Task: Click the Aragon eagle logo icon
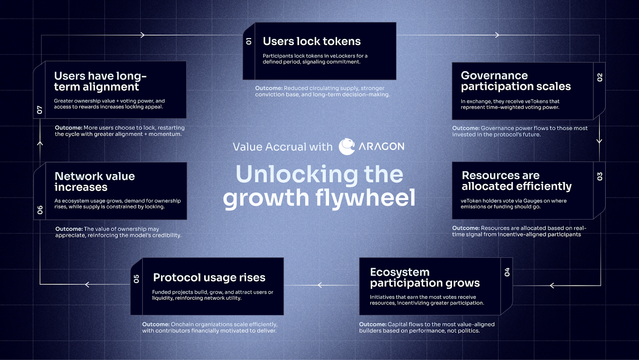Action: tap(347, 146)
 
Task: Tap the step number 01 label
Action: tap(249, 42)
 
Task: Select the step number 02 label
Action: tap(599, 77)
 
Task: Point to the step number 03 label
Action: tap(599, 176)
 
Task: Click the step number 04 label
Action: tap(507, 272)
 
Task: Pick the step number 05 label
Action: tap(136, 279)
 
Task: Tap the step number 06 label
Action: tap(40, 210)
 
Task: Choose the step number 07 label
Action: tap(40, 110)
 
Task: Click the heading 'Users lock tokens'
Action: tap(312, 42)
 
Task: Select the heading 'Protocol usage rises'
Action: tap(209, 278)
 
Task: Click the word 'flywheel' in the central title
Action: tap(365, 198)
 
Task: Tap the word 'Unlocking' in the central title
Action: tap(297, 174)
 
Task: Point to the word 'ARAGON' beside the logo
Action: tap(381, 146)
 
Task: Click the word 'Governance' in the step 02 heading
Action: tap(494, 75)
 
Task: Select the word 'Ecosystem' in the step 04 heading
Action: tap(399, 272)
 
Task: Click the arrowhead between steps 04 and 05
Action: tap(320, 285)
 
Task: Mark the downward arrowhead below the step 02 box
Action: tap(599, 141)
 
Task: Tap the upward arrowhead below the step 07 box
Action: tap(40, 143)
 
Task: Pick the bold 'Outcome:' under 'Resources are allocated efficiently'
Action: tap(466, 228)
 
